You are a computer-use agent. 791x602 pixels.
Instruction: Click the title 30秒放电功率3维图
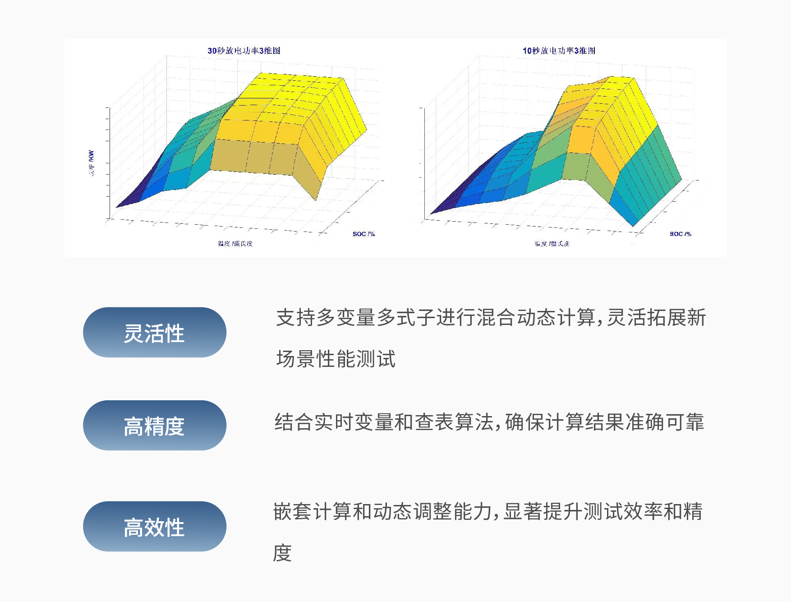(x=244, y=51)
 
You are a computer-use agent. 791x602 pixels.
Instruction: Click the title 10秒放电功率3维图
(x=559, y=51)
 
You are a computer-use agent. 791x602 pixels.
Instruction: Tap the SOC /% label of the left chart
(x=363, y=234)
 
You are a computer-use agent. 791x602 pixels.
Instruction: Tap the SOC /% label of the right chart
(x=680, y=234)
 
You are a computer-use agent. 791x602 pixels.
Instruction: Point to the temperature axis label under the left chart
(x=235, y=244)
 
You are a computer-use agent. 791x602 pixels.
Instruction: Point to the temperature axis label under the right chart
(x=552, y=244)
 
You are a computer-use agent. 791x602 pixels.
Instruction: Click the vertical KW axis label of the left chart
(x=92, y=162)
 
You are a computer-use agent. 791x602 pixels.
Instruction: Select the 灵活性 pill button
(x=154, y=333)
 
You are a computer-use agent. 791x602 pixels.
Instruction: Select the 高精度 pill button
(x=154, y=426)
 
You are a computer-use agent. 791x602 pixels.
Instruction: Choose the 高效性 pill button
(x=154, y=527)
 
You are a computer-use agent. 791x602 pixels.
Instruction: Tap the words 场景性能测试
(x=336, y=359)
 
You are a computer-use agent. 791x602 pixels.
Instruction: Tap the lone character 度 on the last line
(x=283, y=553)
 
